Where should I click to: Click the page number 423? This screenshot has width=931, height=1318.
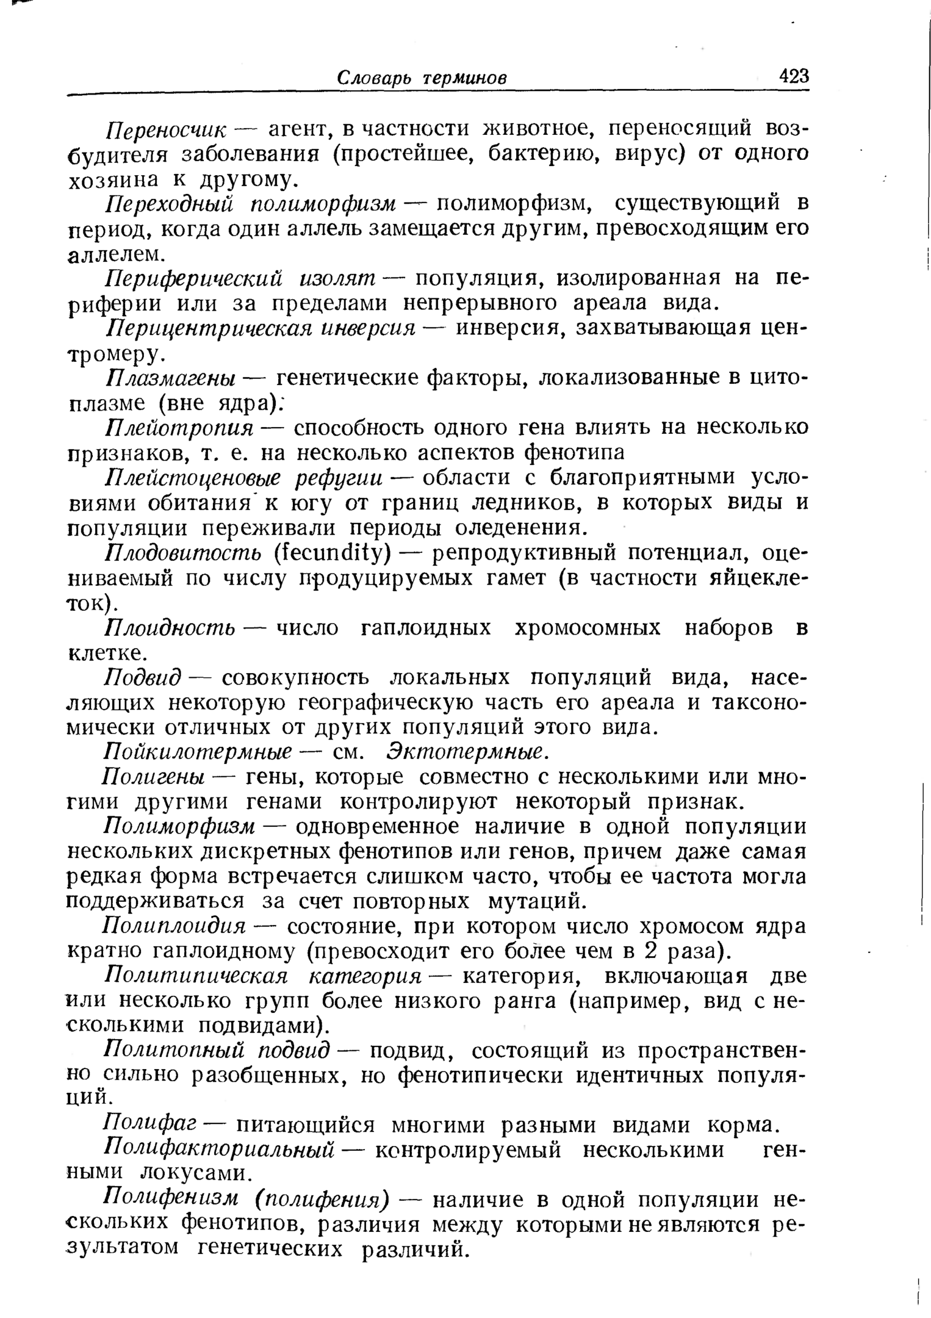793,77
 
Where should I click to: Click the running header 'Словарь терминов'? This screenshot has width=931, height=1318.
422,78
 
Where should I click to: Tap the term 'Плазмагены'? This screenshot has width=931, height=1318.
173,379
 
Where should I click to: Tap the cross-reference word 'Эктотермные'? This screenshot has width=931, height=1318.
465,752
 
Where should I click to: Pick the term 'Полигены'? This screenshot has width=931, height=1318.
156,777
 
